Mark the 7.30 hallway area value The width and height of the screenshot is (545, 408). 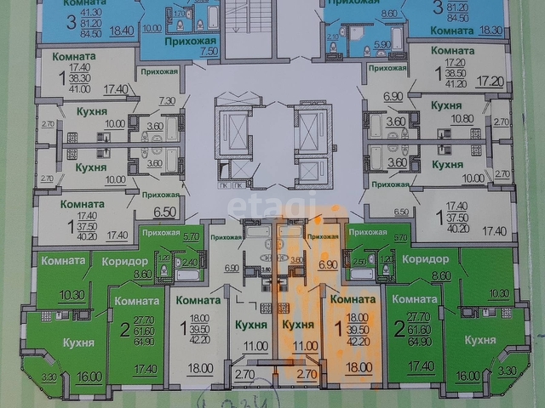click(168, 101)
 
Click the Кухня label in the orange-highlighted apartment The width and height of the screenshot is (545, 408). click(298, 325)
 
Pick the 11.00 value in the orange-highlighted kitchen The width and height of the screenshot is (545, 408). click(304, 346)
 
